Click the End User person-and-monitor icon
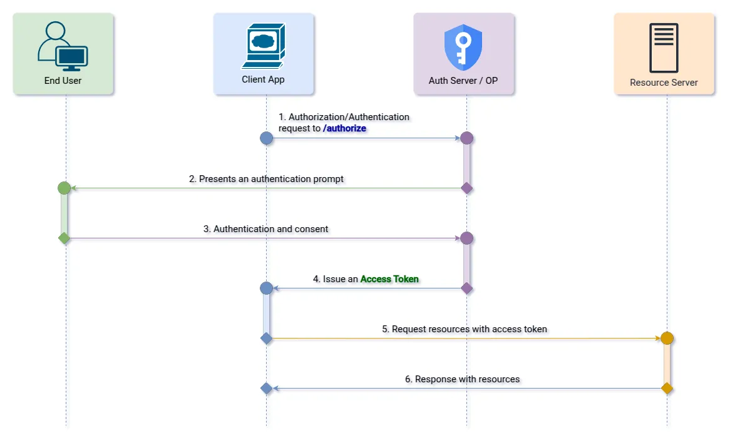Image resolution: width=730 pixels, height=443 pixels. (x=63, y=47)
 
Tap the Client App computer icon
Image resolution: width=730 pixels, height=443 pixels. (x=264, y=46)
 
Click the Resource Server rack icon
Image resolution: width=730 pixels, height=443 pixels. (x=664, y=48)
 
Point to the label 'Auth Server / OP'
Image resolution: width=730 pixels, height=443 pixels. (x=463, y=81)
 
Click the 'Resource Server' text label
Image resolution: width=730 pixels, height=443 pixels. (x=664, y=83)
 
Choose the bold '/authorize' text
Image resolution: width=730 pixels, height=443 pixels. (x=344, y=128)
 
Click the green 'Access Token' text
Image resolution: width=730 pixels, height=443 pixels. (x=389, y=279)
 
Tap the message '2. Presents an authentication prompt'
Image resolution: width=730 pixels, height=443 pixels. (x=266, y=179)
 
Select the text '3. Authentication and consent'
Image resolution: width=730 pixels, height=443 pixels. (x=266, y=229)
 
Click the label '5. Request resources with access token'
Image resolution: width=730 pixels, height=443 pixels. (x=465, y=329)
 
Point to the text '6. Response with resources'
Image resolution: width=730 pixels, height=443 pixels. (x=462, y=379)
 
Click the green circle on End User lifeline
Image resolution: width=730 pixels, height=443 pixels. (x=64, y=188)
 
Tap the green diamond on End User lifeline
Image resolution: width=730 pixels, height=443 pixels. (x=64, y=238)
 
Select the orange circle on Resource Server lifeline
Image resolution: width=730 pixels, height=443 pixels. (x=667, y=339)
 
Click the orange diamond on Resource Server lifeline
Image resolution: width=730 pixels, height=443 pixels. (x=667, y=389)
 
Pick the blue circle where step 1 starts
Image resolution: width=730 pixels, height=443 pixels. (x=267, y=138)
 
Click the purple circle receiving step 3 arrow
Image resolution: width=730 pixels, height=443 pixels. (x=466, y=238)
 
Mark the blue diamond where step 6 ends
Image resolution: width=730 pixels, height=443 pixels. (x=267, y=389)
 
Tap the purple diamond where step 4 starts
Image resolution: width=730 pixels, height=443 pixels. (x=466, y=288)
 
